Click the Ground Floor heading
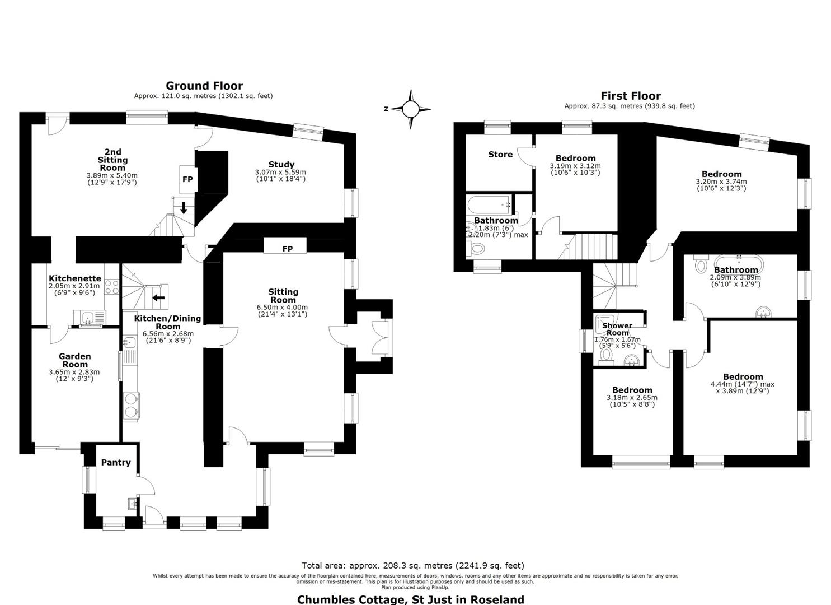coord(204,86)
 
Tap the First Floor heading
coord(631,96)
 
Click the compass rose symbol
coord(410,109)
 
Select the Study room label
coord(281,164)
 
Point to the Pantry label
coord(116,462)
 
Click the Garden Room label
coord(75,360)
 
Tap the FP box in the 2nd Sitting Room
coord(187,179)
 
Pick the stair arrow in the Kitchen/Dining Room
coord(158,297)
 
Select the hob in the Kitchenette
coord(112,287)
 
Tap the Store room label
coord(500,155)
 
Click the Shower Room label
coord(617,329)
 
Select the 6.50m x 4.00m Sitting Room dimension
coord(283,308)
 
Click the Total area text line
coord(413,566)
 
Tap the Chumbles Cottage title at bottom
coord(411,599)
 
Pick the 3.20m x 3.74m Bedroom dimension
coord(721,182)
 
